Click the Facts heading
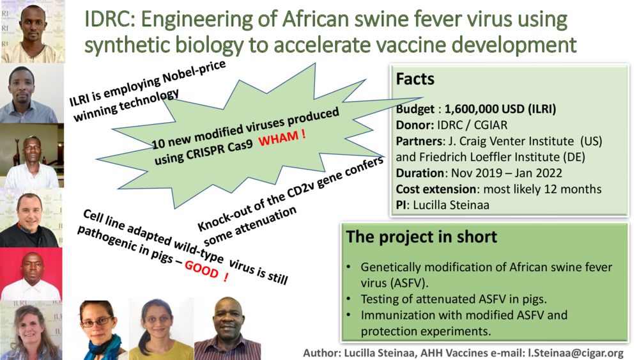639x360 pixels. (415, 79)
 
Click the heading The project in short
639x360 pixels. (421, 237)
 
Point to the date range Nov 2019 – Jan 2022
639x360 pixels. (505, 173)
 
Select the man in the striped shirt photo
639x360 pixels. (226, 329)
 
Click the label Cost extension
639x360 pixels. (437, 189)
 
